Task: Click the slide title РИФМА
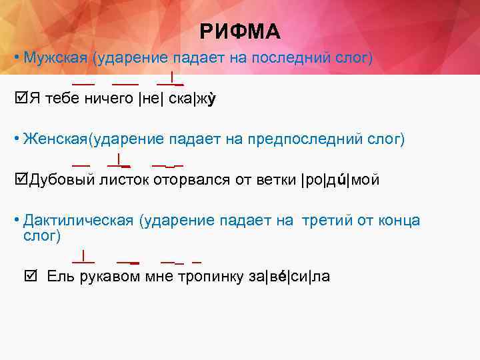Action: pos(240,31)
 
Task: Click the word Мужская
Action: pos(55,58)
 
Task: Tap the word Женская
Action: pos(55,139)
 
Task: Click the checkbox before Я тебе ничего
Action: pos(19,99)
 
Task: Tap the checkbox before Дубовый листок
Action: pos(19,179)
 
